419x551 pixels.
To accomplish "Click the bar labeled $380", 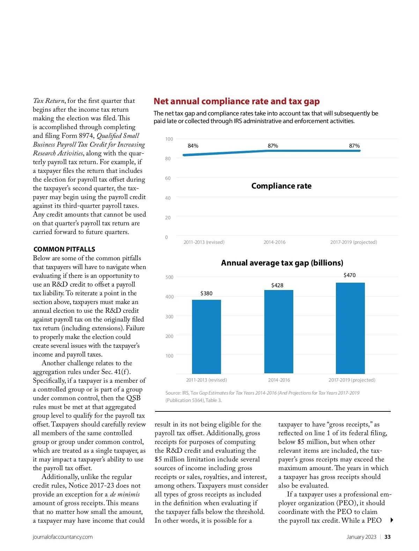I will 206,337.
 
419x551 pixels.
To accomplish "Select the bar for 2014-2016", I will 279,332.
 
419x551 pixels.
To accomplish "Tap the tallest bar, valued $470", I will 350,328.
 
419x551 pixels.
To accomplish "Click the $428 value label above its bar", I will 277,285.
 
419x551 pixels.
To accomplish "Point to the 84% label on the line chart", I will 193,146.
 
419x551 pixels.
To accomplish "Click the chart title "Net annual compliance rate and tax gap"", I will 236,101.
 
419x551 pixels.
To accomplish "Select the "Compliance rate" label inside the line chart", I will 281,186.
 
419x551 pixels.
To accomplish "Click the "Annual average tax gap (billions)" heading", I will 282,263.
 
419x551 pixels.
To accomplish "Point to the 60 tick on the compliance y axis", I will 168,178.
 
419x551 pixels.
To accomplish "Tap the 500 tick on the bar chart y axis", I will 169,277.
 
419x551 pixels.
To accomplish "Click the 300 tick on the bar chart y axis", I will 169,317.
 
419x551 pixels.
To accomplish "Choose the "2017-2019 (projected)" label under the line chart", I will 353,242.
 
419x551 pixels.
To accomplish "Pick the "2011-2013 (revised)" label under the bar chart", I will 206,380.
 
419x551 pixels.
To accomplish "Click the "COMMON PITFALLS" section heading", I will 64,249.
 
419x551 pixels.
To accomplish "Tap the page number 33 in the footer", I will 388,537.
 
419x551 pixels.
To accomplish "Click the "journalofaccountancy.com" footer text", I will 63,537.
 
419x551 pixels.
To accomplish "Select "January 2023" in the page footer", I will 361,537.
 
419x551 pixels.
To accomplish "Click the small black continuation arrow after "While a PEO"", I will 392,520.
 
